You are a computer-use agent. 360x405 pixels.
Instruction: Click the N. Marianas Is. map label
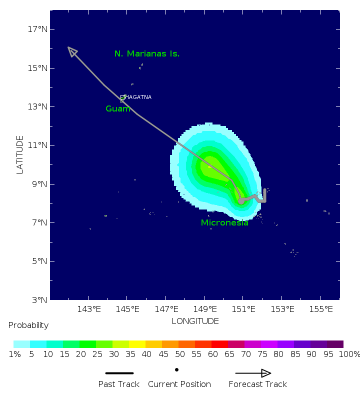point(146,53)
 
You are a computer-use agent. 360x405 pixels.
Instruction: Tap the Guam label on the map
point(118,108)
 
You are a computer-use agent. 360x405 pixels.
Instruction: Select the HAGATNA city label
point(137,97)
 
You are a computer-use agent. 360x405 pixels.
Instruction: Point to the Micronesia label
point(224,223)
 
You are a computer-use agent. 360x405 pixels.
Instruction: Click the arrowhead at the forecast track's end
point(72,51)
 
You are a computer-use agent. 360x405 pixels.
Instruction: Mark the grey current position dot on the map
point(241,200)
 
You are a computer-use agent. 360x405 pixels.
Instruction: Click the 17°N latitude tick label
point(38,29)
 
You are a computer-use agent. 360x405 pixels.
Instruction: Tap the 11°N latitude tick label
point(38,145)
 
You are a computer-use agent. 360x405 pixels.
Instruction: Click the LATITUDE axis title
point(20,154)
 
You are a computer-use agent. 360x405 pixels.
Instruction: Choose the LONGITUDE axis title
point(195,321)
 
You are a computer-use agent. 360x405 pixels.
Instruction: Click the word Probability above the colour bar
point(28,325)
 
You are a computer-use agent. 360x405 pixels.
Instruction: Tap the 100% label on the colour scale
point(349,354)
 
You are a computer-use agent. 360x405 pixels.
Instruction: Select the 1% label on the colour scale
point(14,354)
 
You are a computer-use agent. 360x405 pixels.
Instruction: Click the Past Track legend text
point(119,384)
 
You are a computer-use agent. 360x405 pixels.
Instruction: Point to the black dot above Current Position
point(177,370)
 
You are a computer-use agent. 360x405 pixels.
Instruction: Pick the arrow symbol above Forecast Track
point(253,373)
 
